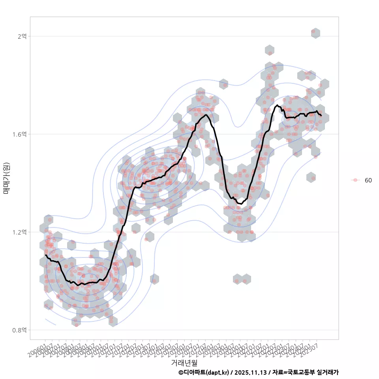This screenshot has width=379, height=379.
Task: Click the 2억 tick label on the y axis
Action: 22,36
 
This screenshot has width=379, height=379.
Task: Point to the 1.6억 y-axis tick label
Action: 19,134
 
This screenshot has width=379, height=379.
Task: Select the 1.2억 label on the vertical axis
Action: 19,232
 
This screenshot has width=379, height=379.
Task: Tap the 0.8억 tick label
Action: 19,330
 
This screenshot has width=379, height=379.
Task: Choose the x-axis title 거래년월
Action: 184,362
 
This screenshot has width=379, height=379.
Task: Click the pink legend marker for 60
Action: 355,180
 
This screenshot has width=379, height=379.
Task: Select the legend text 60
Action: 368,180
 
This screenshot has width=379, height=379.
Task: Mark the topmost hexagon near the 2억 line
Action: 315,33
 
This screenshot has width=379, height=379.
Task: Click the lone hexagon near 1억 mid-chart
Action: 154,279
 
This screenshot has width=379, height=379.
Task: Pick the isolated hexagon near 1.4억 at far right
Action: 311,178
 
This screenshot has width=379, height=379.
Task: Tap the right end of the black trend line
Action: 321,115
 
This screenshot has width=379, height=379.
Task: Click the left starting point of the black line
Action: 46,255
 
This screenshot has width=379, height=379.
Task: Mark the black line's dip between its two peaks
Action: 240,204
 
